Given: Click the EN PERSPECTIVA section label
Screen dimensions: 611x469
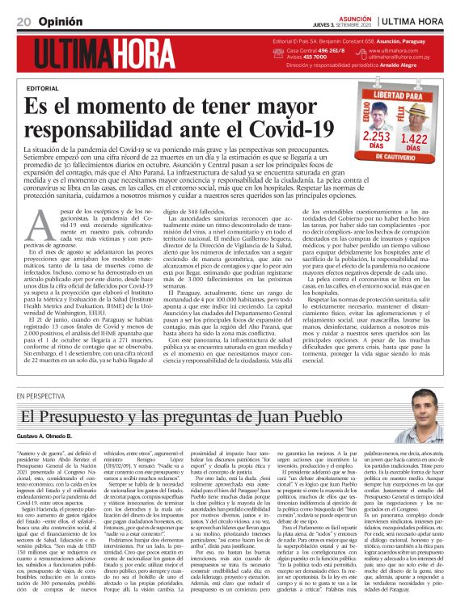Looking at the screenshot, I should pos(40,395).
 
